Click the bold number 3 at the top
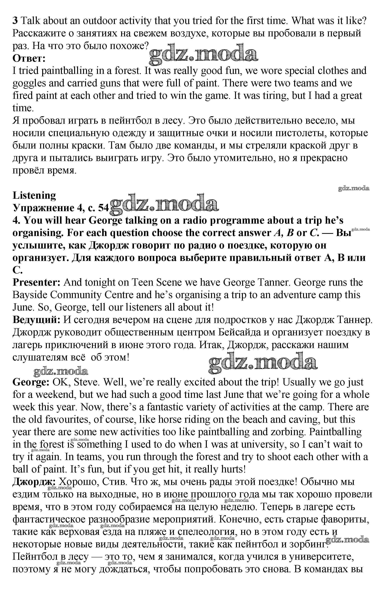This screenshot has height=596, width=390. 15,21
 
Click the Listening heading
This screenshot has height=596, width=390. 34,195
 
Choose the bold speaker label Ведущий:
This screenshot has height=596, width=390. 37,320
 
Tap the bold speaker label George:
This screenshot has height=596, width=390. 31,382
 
